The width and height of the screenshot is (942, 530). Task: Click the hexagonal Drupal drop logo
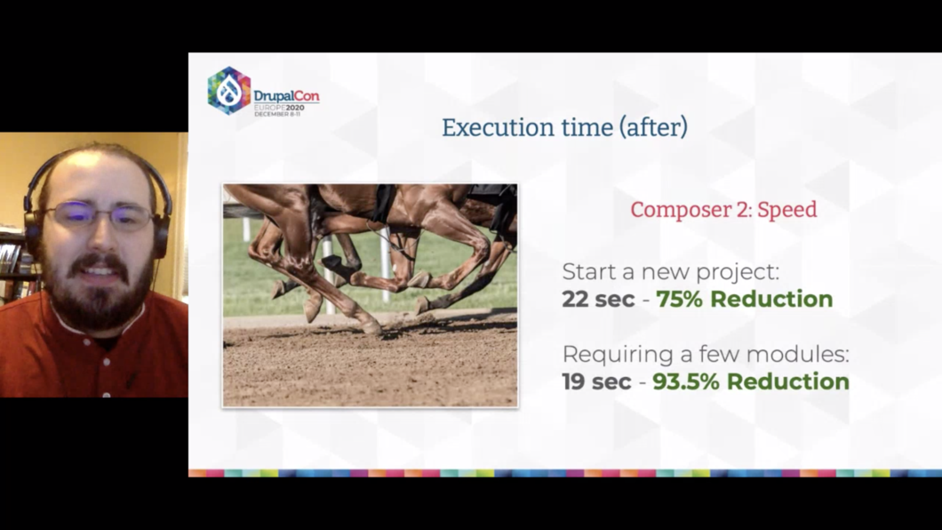[x=229, y=91]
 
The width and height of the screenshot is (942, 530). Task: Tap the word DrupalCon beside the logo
[x=286, y=96]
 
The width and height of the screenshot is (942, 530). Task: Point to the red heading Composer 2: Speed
[x=723, y=209]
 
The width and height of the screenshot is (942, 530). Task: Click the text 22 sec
[x=598, y=299]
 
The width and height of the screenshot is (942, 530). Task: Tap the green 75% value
[x=679, y=299]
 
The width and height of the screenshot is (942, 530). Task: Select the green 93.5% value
[x=686, y=381]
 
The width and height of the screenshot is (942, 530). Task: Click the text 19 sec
[x=596, y=381]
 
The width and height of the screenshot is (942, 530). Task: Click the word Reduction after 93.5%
[x=788, y=381]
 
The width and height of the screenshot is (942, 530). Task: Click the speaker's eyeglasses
[x=100, y=216]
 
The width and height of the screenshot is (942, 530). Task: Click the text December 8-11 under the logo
[x=277, y=114]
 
